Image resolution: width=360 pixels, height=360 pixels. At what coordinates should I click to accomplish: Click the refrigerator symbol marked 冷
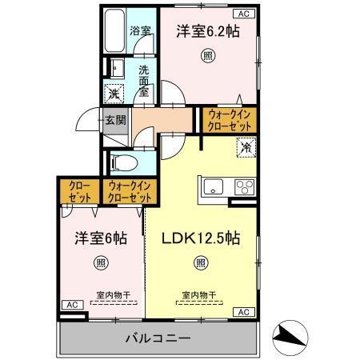pos(246,147)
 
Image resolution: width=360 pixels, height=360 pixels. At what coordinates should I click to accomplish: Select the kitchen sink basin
pos(214,188)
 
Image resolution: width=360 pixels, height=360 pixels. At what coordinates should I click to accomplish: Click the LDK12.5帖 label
pos(202,238)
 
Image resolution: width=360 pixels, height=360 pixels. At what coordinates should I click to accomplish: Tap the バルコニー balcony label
pos(157,338)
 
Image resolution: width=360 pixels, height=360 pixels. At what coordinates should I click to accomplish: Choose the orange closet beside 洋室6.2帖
pos(230,121)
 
